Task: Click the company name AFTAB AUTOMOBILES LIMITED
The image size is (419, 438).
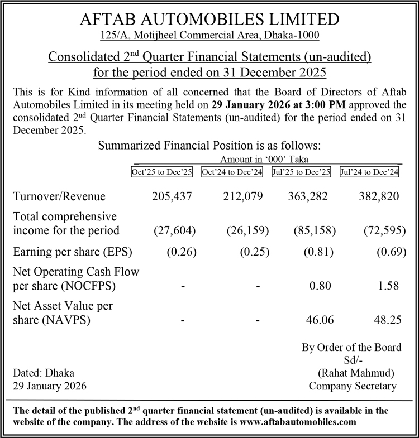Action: pyautogui.click(x=209, y=20)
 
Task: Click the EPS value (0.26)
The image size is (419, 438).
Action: pyautogui.click(x=180, y=251)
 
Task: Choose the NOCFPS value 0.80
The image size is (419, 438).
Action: pyautogui.click(x=320, y=286)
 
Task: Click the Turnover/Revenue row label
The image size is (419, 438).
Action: pyautogui.click(x=59, y=196)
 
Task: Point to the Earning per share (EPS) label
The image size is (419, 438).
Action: pyautogui.click(x=72, y=251)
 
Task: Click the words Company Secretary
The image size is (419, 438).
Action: pyautogui.click(x=353, y=386)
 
